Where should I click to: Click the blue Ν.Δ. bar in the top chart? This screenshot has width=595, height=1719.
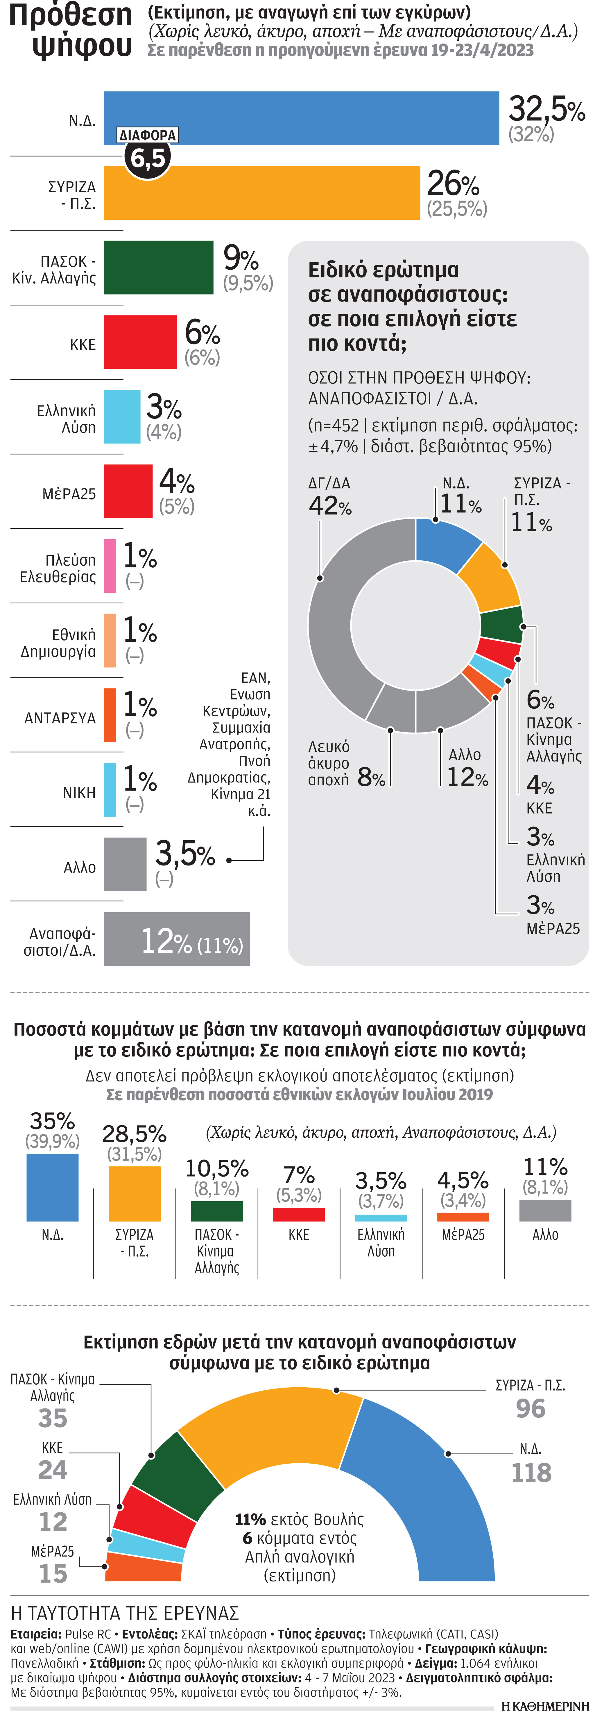pyautogui.click(x=300, y=118)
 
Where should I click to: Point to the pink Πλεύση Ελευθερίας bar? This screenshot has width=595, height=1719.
pyautogui.click(x=110, y=566)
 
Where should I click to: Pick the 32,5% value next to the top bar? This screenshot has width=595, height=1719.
pyautogui.click(x=546, y=108)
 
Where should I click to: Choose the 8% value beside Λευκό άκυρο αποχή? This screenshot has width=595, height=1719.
pyautogui.click(x=371, y=777)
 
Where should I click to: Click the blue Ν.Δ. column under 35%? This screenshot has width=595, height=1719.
pyautogui.click(x=52, y=1188)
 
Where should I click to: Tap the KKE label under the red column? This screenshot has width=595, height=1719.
pyautogui.click(x=298, y=1235)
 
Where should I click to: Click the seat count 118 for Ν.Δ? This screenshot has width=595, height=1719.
pyautogui.click(x=531, y=1472)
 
